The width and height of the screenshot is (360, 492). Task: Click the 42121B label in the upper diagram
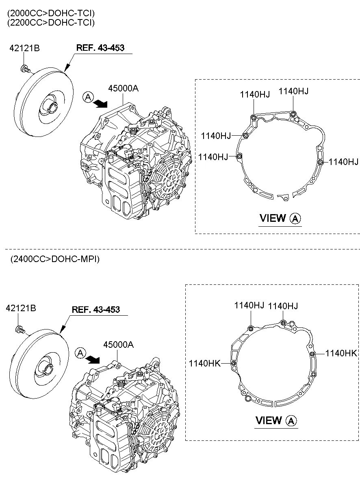24,49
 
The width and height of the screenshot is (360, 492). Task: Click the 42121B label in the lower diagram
21,309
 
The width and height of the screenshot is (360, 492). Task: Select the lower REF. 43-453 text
95,310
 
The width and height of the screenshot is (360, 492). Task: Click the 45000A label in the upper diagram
123,88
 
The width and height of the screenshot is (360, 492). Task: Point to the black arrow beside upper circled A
101,104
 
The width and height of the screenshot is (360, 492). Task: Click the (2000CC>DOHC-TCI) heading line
51,13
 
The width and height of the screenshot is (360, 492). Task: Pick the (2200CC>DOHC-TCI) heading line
51,23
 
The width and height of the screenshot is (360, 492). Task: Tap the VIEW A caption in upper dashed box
280,218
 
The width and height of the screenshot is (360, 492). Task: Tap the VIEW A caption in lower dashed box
276,420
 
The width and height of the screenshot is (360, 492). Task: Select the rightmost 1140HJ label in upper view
343,162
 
